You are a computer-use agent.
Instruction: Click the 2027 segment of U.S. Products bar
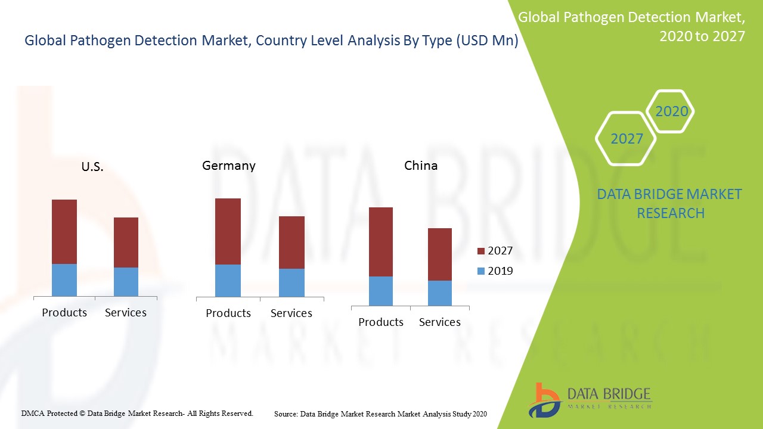[64, 231]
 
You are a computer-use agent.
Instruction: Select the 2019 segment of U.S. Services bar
[126, 282]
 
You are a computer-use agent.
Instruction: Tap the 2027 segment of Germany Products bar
[228, 231]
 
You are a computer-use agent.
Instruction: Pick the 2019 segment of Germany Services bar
[291, 282]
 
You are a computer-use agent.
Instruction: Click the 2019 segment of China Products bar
[381, 291]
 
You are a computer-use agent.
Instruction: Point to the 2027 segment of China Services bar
[440, 254]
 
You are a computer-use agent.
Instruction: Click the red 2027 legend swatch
[481, 251]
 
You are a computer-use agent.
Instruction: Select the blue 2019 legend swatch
[481, 271]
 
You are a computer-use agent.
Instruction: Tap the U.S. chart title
[92, 167]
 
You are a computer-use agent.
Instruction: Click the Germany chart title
[229, 166]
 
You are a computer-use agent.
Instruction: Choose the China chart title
[421, 166]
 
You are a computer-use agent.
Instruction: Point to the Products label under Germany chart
[228, 313]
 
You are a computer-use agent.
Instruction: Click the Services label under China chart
[440, 322]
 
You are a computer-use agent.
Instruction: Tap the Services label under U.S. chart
[126, 313]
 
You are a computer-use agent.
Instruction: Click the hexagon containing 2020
[671, 111]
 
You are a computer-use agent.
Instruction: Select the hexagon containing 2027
[626, 139]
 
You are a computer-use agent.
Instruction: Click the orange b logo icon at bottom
[544, 399]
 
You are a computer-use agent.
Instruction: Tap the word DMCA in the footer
[32, 413]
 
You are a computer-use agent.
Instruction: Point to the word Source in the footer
[286, 414]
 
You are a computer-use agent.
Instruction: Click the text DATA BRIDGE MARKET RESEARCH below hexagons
[669, 204]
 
